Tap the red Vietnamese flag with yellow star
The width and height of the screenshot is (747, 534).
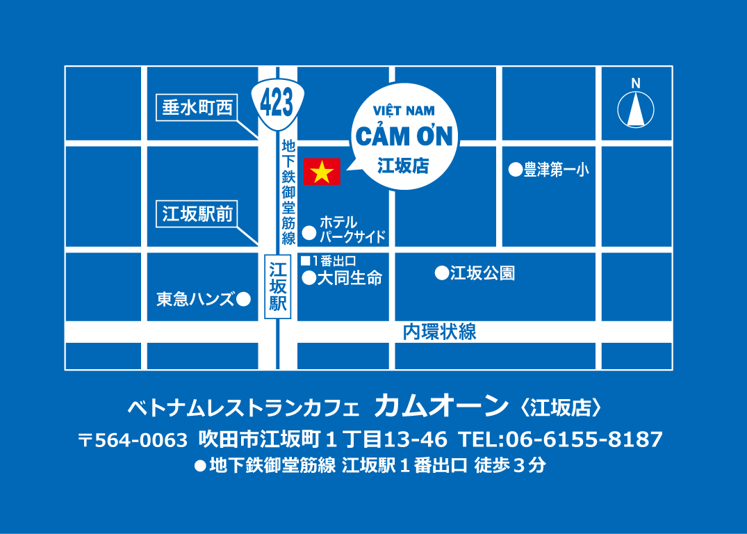(322, 172)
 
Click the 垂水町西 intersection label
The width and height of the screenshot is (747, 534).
(197, 108)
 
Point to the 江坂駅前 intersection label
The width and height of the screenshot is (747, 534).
(197, 213)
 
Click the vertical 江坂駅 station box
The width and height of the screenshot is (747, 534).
(278, 286)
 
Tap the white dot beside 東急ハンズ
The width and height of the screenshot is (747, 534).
(243, 300)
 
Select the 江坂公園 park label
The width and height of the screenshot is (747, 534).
(482, 273)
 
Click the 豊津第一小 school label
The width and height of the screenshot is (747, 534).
(555, 169)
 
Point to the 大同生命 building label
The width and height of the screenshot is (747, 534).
(350, 279)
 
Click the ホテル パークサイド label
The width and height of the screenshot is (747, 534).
(352, 229)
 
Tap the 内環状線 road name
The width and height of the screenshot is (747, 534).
(440, 332)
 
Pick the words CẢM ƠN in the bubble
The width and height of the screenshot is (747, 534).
(404, 136)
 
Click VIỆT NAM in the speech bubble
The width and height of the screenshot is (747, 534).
(404, 111)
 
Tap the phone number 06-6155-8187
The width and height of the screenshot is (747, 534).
(584, 439)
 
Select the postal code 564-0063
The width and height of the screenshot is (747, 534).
(141, 439)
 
